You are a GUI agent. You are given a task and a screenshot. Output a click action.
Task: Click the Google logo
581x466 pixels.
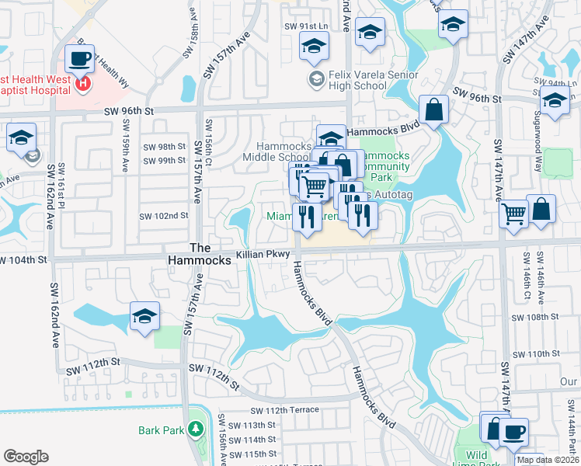pos(26,457)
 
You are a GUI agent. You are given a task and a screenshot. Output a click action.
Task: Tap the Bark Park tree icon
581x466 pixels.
pos(196,429)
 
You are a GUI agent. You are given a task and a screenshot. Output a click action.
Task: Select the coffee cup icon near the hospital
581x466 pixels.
pos(78,58)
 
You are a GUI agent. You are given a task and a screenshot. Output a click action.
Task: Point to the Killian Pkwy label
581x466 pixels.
pos(263,254)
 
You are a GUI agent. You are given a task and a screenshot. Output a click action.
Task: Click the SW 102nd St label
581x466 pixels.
pos(164,216)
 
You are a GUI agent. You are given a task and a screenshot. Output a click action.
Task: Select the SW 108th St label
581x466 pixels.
pos(536,317)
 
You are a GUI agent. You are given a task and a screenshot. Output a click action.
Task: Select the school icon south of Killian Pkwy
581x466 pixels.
pos(144,316)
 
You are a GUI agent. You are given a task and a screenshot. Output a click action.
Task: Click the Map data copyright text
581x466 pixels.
pos(548,460)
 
